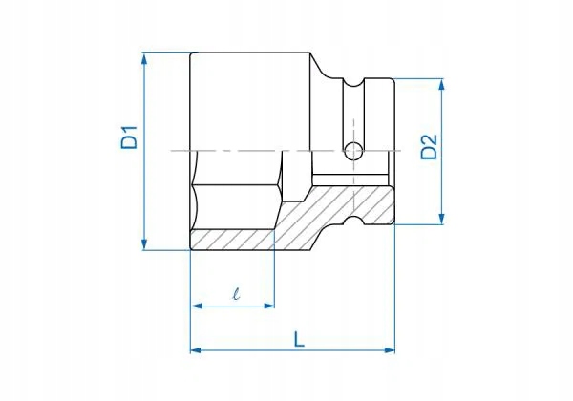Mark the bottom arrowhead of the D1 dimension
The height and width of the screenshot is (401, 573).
coord(144,244)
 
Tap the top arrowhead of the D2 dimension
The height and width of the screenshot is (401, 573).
coord(441,85)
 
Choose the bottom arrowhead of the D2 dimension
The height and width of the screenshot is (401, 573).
coord(441,219)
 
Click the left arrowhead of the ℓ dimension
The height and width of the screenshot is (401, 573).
coord(196,306)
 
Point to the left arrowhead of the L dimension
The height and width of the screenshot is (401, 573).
coord(196,350)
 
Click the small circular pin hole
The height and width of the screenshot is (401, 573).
coord(353,150)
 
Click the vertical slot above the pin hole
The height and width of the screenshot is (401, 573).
coord(353,110)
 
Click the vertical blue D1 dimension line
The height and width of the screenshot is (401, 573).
coord(144,191)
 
